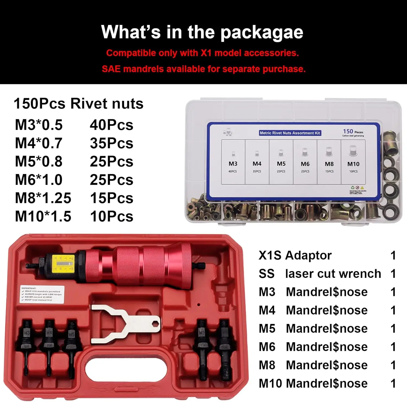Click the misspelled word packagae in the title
[x=262, y=33]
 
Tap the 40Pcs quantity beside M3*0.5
[x=112, y=125]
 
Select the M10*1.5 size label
[x=43, y=216]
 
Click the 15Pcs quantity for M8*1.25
[x=112, y=198]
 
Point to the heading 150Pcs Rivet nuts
[x=78, y=104]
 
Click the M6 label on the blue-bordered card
[x=305, y=164]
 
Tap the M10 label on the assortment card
[x=353, y=164]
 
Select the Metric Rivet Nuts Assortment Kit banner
[x=290, y=133]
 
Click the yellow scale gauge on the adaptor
[x=62, y=263]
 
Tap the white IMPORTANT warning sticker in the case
[x=42, y=294]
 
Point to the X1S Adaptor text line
[x=295, y=255]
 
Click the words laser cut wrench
[x=333, y=274]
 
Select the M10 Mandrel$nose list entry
[x=313, y=384]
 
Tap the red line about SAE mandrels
[x=203, y=69]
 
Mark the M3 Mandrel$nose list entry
[x=313, y=292]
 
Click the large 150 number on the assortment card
[x=348, y=131]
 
